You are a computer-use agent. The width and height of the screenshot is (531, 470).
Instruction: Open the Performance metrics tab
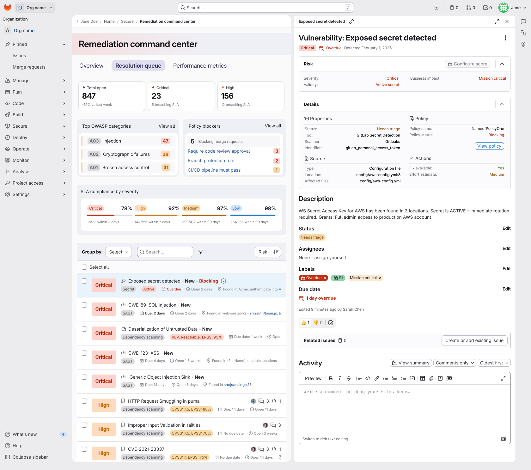(200, 66)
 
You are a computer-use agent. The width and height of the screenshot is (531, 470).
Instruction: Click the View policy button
(489, 146)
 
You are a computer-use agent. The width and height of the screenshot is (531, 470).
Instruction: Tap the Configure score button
(467, 64)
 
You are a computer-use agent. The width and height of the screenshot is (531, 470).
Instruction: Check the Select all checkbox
(84, 267)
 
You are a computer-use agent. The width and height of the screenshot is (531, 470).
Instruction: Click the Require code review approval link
(219, 151)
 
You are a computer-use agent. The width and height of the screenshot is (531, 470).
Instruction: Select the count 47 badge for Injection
(166, 141)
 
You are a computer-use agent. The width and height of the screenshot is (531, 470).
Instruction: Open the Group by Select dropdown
(119, 252)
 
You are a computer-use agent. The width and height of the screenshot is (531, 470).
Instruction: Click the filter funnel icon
(201, 252)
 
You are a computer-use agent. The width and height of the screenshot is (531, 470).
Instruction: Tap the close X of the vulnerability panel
(507, 21)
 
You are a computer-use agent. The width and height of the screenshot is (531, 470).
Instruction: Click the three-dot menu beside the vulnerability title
(506, 38)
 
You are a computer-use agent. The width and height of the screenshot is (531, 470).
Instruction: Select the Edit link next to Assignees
(507, 248)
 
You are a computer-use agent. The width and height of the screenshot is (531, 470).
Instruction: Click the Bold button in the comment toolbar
(331, 378)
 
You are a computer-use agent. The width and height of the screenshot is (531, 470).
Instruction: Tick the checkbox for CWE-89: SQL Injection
(84, 305)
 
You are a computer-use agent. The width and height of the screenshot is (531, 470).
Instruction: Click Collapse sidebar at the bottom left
(30, 457)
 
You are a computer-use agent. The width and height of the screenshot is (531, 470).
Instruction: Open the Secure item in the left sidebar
(20, 126)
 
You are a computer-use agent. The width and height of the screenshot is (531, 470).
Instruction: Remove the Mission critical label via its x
(380, 278)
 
